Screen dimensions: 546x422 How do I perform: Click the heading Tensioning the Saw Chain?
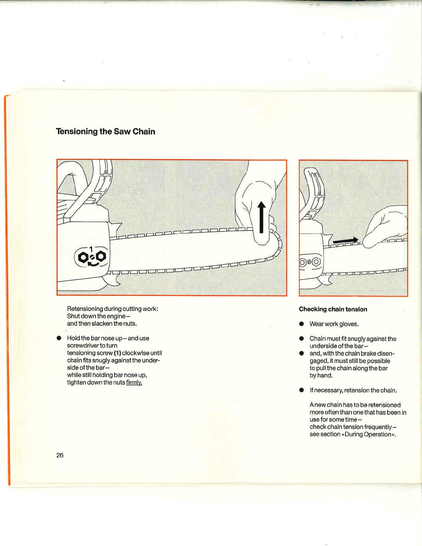tap(105, 131)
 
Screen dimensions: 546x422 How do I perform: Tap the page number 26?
tap(60, 455)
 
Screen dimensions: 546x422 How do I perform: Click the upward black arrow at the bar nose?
tap(261, 217)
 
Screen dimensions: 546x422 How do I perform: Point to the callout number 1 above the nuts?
tap(91, 249)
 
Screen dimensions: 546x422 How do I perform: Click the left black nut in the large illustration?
tap(83, 257)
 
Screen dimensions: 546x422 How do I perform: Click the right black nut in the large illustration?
tap(101, 256)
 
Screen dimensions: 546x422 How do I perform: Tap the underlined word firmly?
tap(134, 382)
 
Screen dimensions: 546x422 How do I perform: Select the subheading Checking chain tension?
tap(333, 309)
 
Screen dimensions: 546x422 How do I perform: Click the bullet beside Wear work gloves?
tap(302, 324)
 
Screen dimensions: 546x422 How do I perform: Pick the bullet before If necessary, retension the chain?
tap(302, 390)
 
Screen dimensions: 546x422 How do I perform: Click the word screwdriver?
tap(83, 345)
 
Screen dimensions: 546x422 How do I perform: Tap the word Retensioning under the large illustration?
tap(85, 309)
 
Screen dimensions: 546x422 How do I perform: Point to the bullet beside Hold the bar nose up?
tap(59, 338)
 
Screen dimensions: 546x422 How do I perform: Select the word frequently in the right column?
tap(378, 427)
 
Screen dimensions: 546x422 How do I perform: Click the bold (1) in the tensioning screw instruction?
tap(117, 353)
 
